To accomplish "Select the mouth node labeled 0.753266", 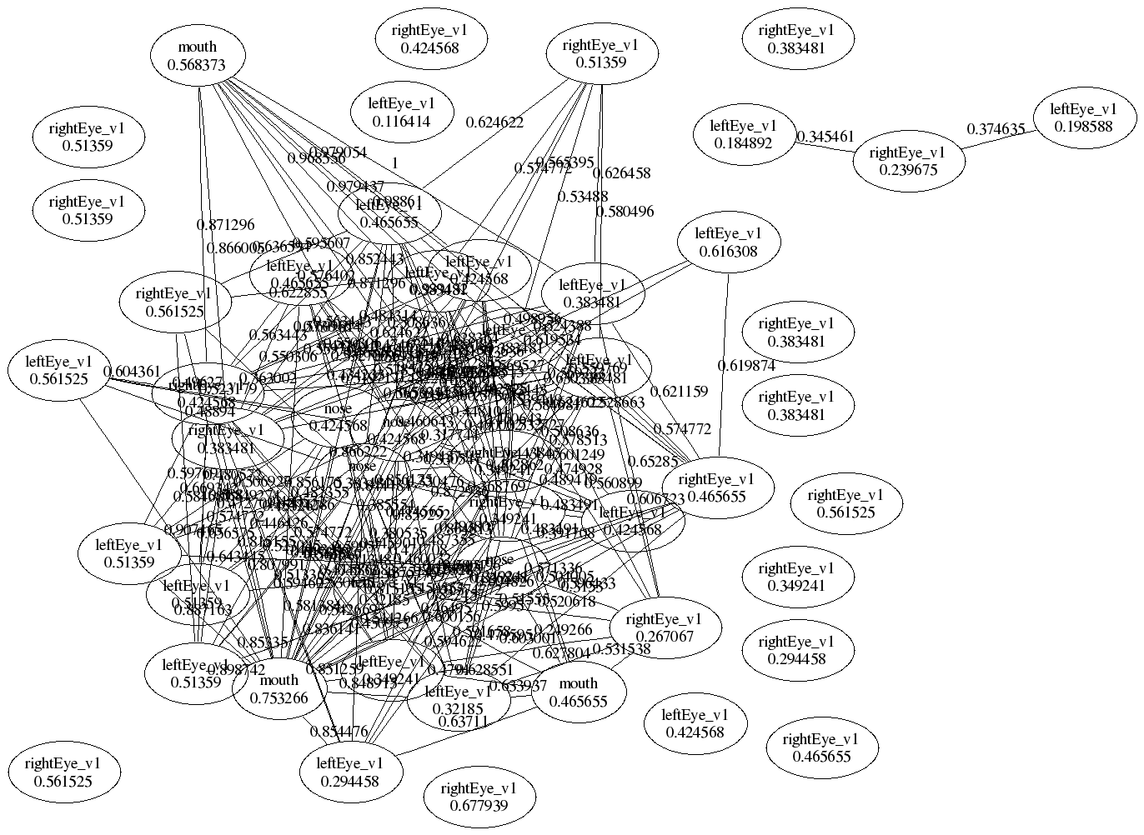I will [278, 689].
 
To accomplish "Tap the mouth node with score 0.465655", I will [579, 692].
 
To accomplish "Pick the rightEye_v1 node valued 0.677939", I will [479, 797].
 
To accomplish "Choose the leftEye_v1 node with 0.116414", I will [402, 112].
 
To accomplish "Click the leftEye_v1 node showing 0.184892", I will [743, 134].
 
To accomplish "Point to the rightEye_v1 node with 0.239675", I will [907, 161].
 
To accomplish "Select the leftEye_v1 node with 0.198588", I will [1083, 117].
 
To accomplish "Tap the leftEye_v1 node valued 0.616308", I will [728, 242].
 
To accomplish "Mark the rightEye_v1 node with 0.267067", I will [664, 627].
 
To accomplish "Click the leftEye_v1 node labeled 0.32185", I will [458, 700].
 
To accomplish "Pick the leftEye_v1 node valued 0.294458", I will [350, 772].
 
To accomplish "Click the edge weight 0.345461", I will [825, 136].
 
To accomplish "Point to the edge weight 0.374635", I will [996, 129].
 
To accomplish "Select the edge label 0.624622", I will [494, 122].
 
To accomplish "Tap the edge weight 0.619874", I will [746, 365].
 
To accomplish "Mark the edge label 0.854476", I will [339, 732].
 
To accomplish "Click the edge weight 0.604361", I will [132, 372].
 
